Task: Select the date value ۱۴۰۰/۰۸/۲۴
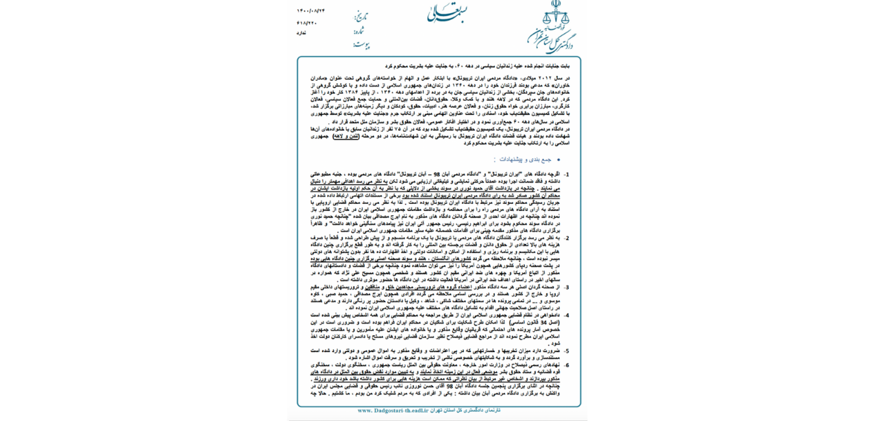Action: pyautogui.click(x=311, y=11)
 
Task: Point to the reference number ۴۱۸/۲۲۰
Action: pyautogui.click(x=307, y=22)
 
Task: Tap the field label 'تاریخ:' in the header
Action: pyautogui.click(x=361, y=17)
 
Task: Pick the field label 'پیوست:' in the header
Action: pyautogui.click(x=361, y=45)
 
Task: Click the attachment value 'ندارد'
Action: pyautogui.click(x=302, y=33)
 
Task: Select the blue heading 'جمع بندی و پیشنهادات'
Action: pyautogui.click(x=523, y=160)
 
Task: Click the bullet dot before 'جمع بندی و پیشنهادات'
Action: pyautogui.click(x=558, y=160)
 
